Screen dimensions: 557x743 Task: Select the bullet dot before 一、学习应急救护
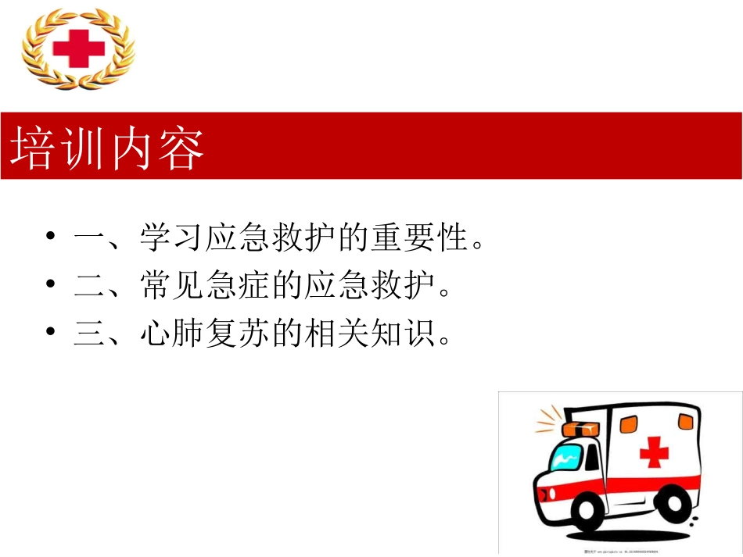coord(51,237)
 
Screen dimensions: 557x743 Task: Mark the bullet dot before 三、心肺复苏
coord(51,334)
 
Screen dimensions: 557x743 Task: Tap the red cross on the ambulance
coord(654,452)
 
